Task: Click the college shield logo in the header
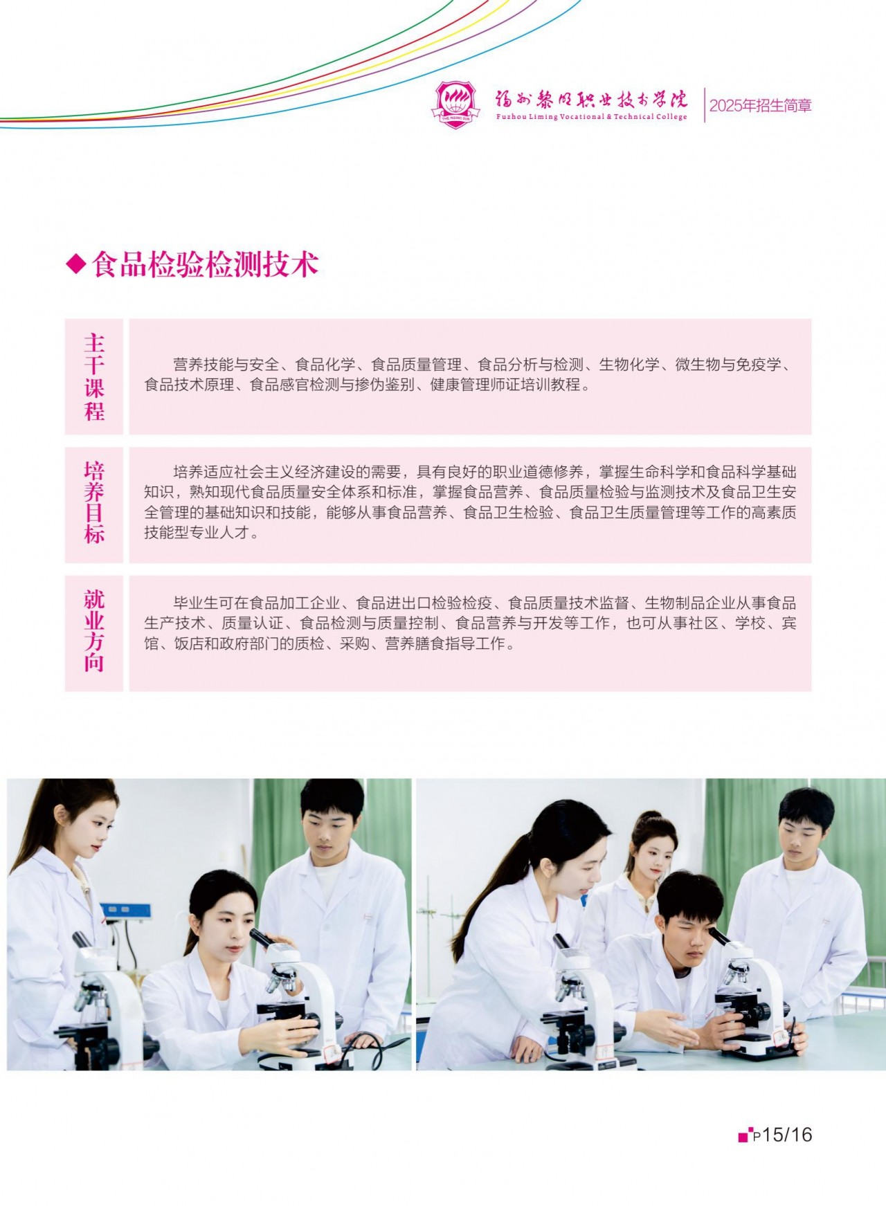click(x=455, y=105)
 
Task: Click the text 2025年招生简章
click(x=760, y=106)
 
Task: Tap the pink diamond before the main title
click(x=75, y=264)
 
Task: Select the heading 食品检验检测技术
click(x=205, y=264)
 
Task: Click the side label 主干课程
click(x=94, y=377)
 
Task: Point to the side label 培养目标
click(x=94, y=503)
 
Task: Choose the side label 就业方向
click(x=94, y=631)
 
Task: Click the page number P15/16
click(x=782, y=1135)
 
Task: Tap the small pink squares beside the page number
click(x=745, y=1135)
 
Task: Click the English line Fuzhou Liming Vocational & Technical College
click(x=592, y=117)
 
